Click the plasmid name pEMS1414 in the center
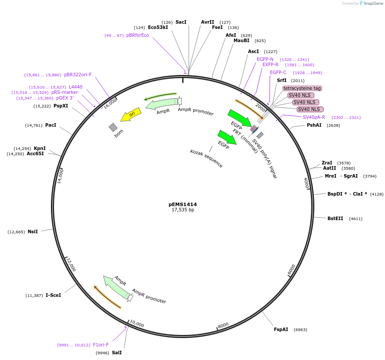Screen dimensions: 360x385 point(183,204)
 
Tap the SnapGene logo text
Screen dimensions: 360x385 point(374,4)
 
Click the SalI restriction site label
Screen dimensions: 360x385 point(117,353)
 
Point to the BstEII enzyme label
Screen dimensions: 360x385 point(335,218)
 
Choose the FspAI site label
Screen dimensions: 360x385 point(281,329)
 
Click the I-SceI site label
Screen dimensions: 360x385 point(53,295)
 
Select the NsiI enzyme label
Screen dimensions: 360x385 point(33,232)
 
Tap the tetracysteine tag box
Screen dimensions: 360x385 point(302,88)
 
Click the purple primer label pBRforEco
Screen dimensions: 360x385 point(137,35)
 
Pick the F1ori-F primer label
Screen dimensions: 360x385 point(101,345)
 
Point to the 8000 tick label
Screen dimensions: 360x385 point(223,325)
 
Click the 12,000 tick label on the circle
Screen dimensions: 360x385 point(71,264)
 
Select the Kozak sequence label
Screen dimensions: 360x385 point(206,158)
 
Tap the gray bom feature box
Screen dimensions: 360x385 point(113,127)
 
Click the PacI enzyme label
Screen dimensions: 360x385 point(50,125)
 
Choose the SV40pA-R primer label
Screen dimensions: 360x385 point(314,117)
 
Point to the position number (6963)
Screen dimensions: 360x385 point(300,329)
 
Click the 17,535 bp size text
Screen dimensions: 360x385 point(183,210)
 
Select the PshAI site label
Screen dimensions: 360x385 point(314,125)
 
